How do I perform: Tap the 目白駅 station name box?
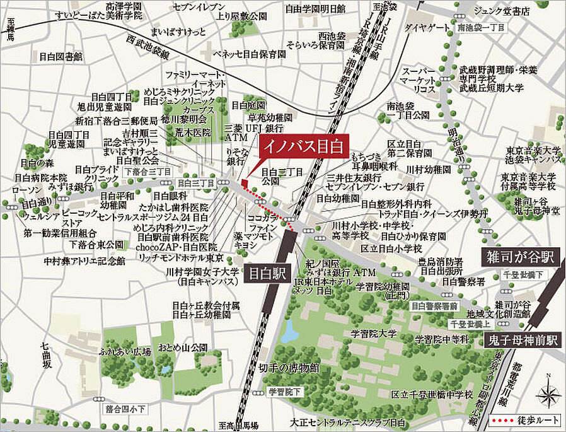[x=265, y=276]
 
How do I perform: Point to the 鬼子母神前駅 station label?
[x=523, y=341]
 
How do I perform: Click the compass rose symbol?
[x=548, y=394]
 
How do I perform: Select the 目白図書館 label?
[x=61, y=57]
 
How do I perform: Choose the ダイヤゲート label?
[x=425, y=28]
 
